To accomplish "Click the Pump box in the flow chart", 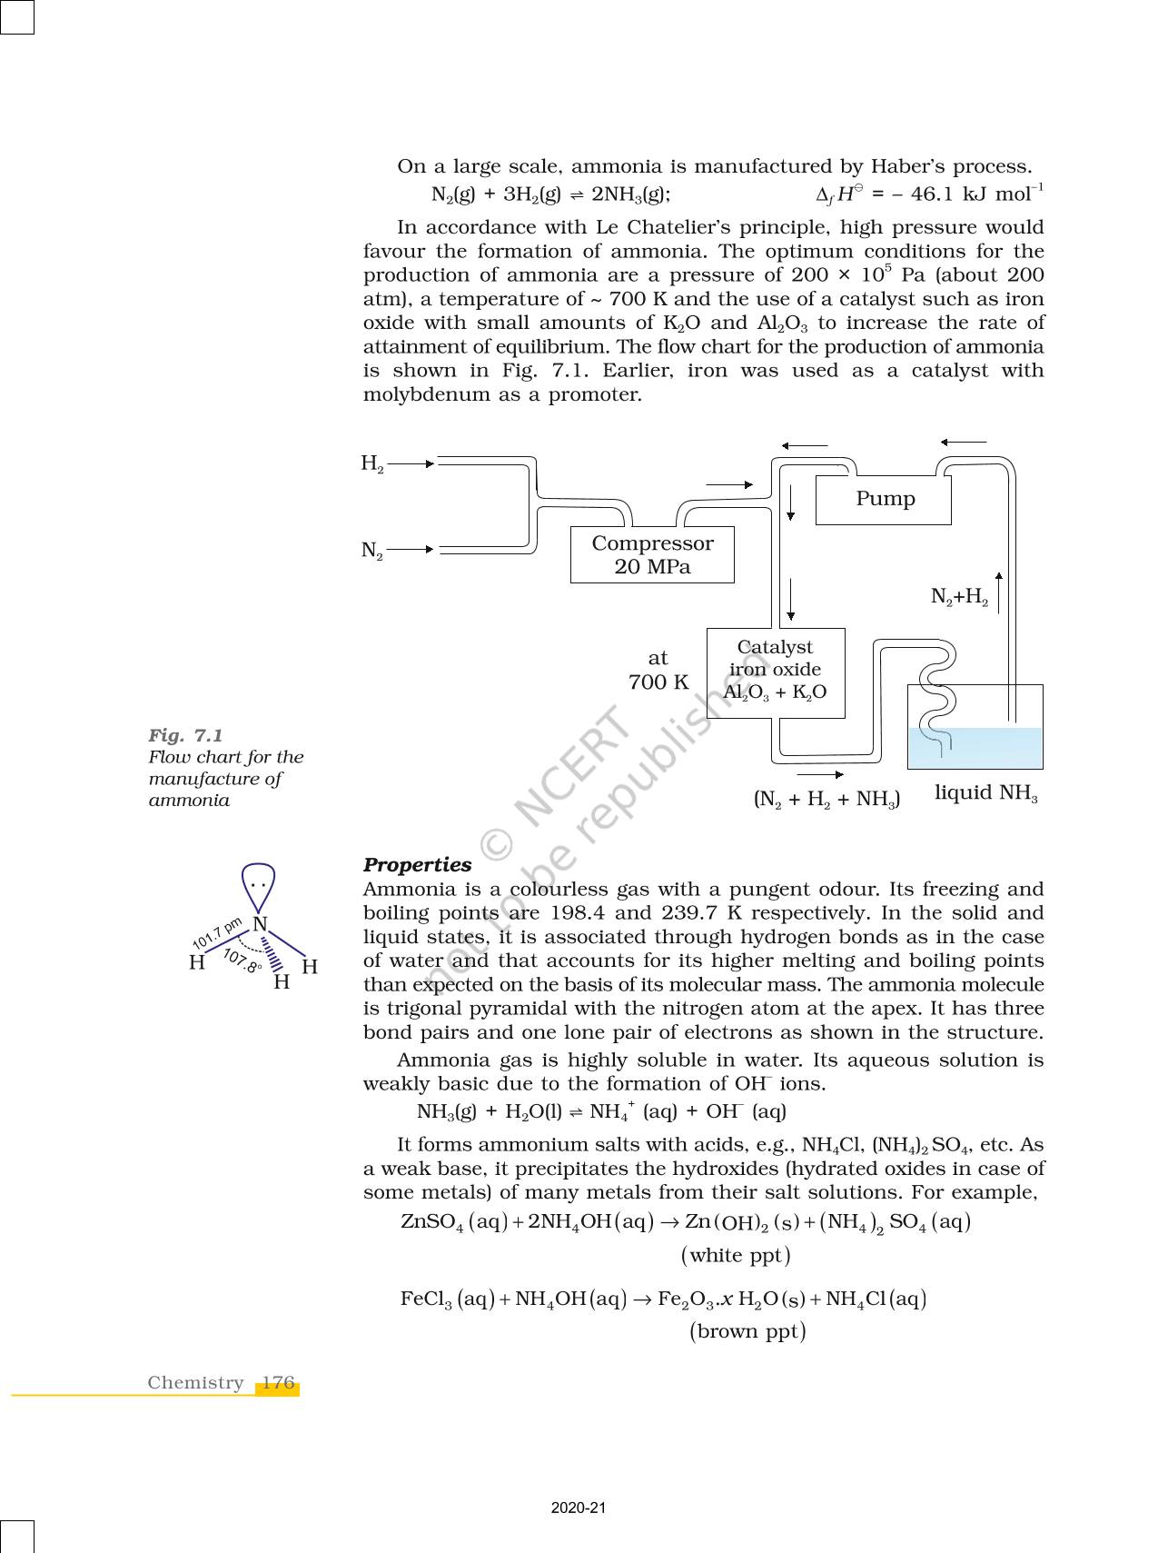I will click(x=883, y=500).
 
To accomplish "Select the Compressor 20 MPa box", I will click(x=652, y=555).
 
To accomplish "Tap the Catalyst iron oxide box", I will click(x=775, y=672).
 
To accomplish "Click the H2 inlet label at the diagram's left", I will click(x=372, y=463).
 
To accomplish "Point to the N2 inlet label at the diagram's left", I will click(x=372, y=550).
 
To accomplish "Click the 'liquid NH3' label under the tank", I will click(x=985, y=793).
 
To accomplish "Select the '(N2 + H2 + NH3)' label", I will click(x=826, y=800).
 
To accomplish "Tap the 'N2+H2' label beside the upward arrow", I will click(x=959, y=597).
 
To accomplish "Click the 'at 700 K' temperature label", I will click(x=658, y=671).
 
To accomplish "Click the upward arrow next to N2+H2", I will click(x=999, y=592).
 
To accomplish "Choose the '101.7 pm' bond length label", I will click(x=217, y=934).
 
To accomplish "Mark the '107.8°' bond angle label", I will click(x=242, y=962).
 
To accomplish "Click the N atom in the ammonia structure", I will click(x=261, y=925).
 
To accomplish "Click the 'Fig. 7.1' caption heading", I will click(x=186, y=735).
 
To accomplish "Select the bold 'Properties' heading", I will click(x=417, y=865).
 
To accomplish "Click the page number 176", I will click(x=278, y=1383).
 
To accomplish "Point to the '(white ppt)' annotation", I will click(x=736, y=1256).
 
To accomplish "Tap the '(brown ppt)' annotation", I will click(x=747, y=1332).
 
